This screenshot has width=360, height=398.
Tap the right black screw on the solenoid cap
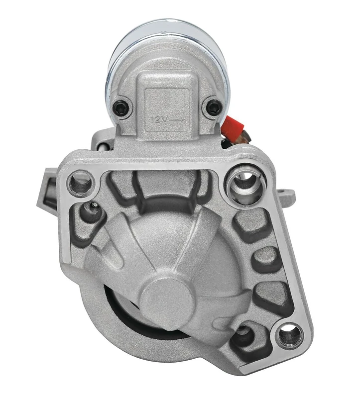tap(213, 106)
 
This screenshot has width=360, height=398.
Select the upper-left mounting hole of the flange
tap(81, 183)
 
